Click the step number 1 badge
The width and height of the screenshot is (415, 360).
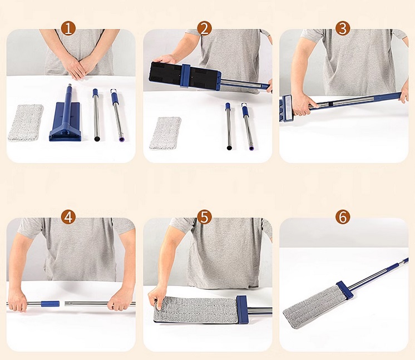[x=68, y=28]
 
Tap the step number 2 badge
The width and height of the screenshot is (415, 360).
[x=204, y=28]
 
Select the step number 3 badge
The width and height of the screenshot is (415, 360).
[x=343, y=28]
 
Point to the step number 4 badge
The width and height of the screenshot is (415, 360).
[x=68, y=218]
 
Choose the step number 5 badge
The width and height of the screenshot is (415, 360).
[x=204, y=218]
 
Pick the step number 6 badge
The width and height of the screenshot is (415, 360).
[x=343, y=218]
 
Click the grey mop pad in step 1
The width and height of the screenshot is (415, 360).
[x=26, y=122]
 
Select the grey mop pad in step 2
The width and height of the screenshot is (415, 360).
[x=165, y=133]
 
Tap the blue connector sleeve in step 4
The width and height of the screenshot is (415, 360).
[x=50, y=304]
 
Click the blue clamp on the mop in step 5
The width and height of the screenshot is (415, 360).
[x=243, y=309]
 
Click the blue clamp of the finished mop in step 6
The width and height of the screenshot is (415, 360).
[x=345, y=290]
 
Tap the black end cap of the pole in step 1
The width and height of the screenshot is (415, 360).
[x=97, y=139]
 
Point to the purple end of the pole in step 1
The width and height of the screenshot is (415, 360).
[x=121, y=139]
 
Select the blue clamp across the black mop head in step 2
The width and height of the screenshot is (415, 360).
[x=186, y=76]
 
